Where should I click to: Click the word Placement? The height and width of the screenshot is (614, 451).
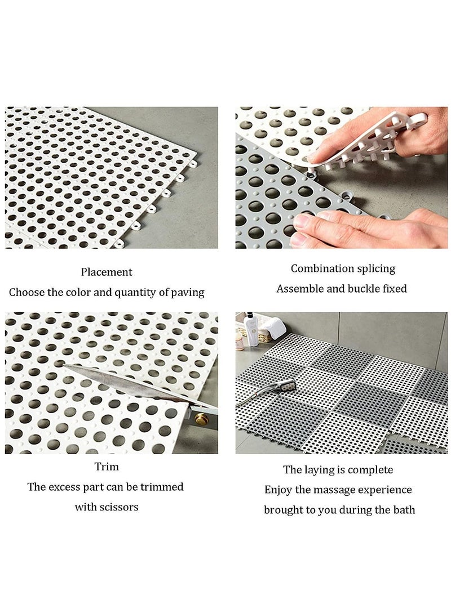pos(107,272)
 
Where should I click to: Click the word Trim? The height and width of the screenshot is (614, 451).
pos(107,467)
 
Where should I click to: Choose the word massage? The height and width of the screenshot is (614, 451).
pos(335,490)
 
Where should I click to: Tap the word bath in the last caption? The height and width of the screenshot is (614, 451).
pos(403,510)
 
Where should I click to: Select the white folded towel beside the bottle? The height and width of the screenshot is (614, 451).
pos(273,328)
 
